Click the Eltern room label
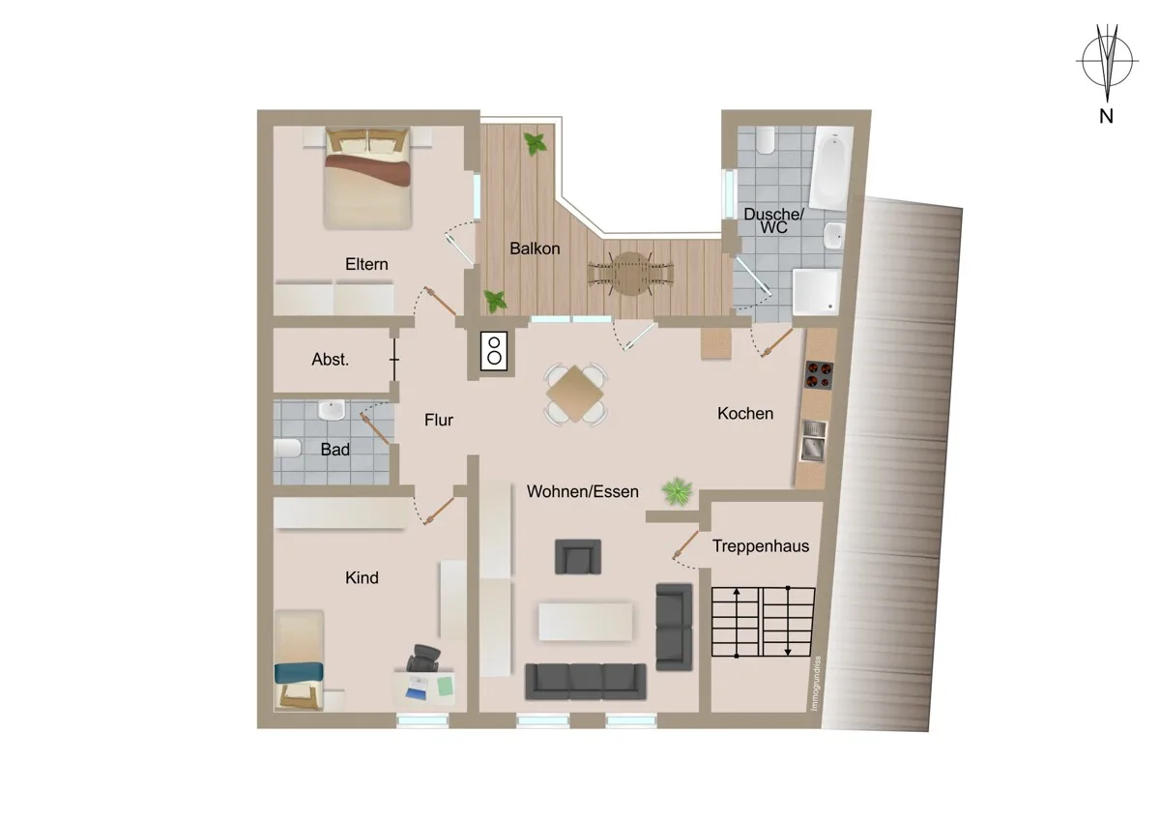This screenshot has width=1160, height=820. point(366,264)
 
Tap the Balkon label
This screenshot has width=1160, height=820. point(535,249)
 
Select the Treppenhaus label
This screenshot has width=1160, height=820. point(761,546)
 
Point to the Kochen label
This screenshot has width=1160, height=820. point(745,413)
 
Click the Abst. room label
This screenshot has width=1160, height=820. point(331,360)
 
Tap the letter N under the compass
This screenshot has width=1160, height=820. point(1106,116)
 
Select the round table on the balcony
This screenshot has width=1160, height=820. point(629,274)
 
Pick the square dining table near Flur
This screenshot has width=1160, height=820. point(575,394)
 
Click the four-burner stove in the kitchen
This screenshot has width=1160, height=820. point(820,375)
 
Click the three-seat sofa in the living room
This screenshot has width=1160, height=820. point(586,681)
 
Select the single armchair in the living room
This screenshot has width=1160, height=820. point(578,556)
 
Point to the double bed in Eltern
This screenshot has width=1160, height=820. point(367,178)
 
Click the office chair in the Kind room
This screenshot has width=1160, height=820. point(423,658)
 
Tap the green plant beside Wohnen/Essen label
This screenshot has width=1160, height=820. point(677,491)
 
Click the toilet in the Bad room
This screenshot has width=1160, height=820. point(287,449)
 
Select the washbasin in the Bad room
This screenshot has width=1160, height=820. point(332,410)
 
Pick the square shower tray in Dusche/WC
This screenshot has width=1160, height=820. point(816,292)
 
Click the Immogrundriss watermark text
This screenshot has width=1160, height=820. point(817,684)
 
